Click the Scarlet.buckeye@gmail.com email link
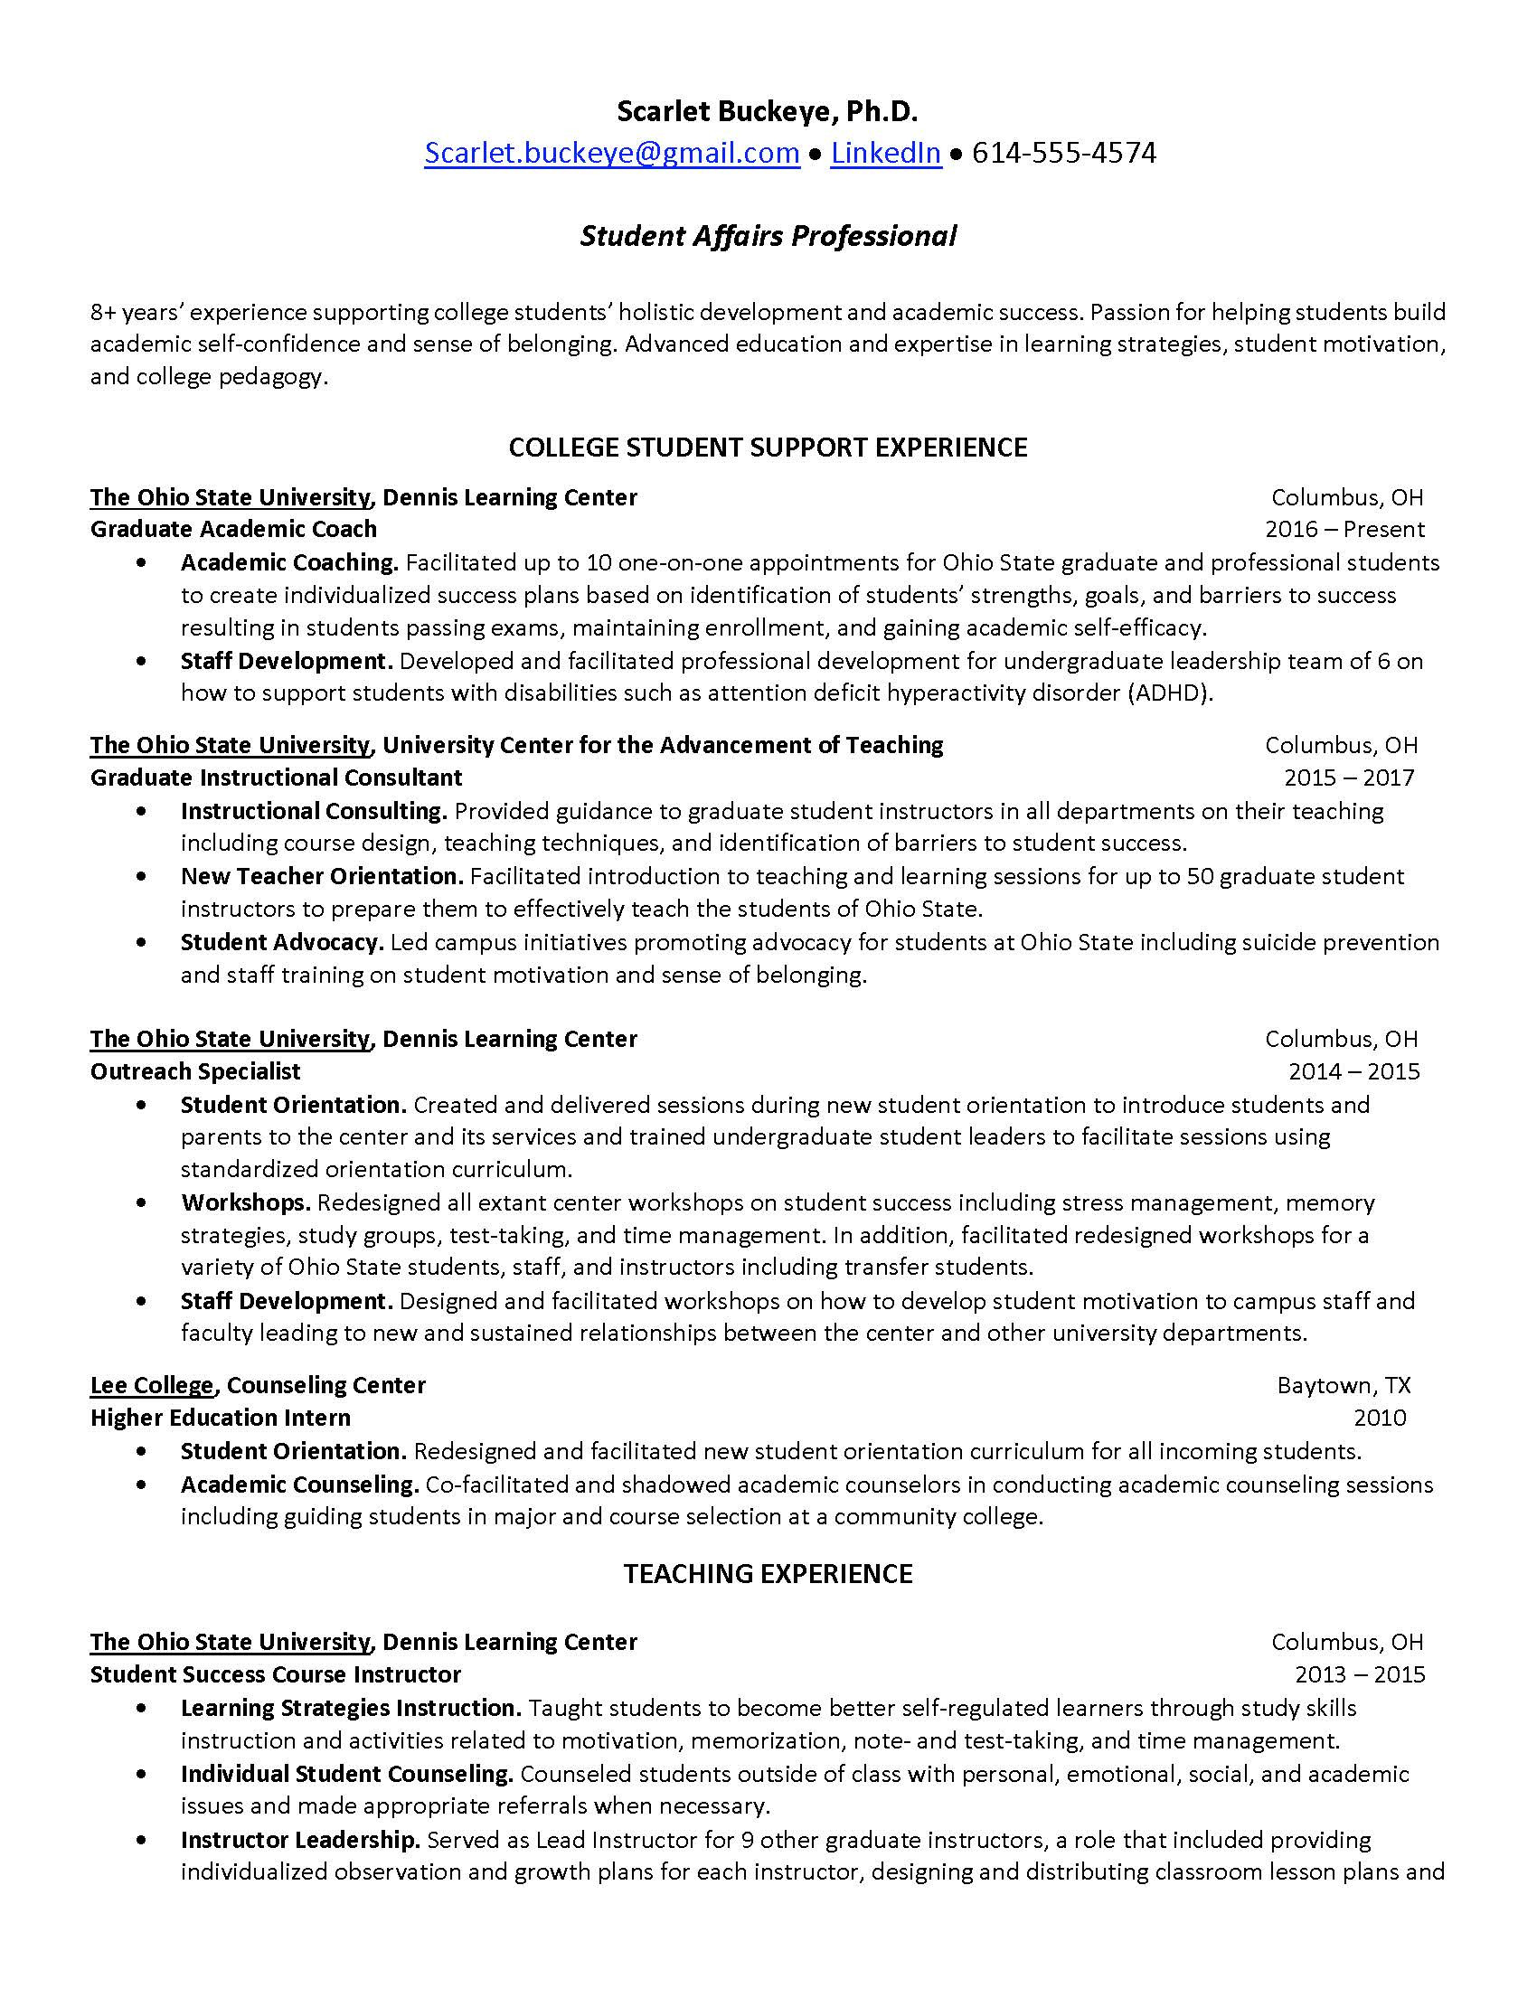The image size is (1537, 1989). [611, 153]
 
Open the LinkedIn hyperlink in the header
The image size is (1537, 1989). [885, 153]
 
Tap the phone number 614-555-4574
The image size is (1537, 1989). [1063, 153]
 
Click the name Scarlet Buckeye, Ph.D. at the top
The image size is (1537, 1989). [768, 111]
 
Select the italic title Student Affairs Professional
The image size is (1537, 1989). [768, 236]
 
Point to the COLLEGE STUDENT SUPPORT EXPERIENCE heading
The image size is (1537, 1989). [768, 448]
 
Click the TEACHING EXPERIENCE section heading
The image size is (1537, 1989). [768, 1574]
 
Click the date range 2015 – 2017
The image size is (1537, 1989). [1349, 778]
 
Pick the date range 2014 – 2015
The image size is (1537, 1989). [1353, 1071]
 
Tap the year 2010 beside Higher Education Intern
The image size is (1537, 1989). [1380, 1417]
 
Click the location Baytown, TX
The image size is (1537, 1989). [1343, 1385]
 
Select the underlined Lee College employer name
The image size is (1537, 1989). [151, 1385]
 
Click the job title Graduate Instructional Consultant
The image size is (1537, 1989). [276, 778]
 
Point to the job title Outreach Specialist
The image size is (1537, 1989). [195, 1071]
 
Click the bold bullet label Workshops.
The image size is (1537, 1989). [246, 1202]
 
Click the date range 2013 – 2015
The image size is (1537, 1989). [1360, 1674]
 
